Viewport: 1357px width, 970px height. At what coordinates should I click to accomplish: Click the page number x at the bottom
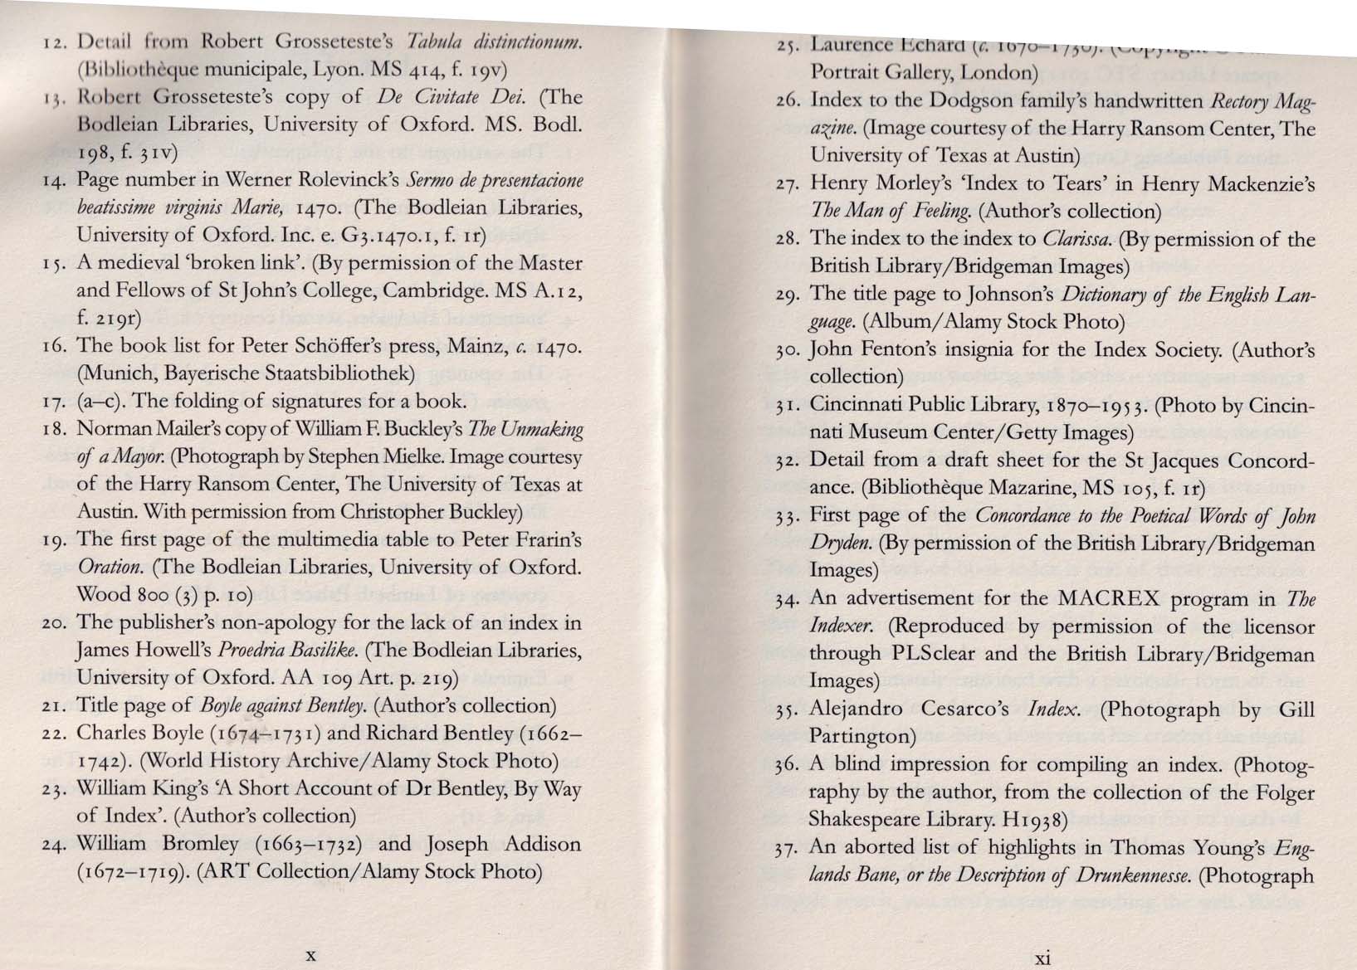[x=310, y=954]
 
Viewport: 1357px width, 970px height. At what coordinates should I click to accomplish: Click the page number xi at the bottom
[x=1043, y=958]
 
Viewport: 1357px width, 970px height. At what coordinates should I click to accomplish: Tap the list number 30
[x=790, y=350]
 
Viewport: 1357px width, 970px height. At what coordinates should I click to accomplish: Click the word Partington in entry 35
[x=861, y=737]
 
